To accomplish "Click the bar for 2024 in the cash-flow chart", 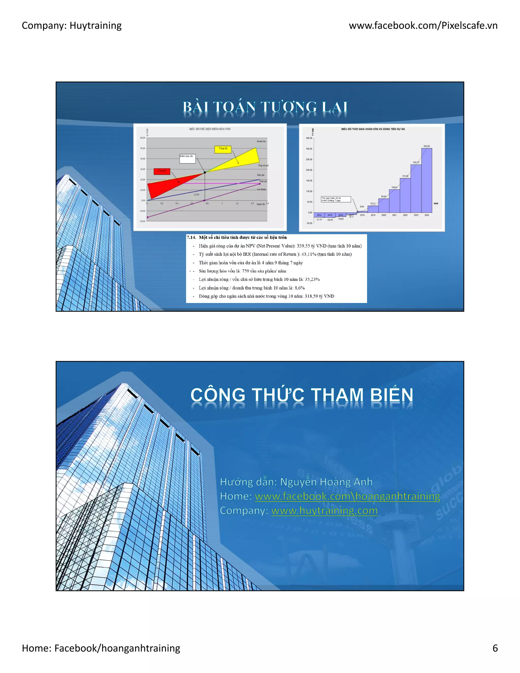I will (x=427, y=180).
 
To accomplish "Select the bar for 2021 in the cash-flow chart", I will (x=394, y=201).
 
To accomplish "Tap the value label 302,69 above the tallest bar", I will (x=427, y=146).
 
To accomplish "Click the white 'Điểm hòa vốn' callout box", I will (x=187, y=158).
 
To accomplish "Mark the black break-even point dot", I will (x=205, y=172).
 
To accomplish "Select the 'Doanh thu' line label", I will (x=261, y=141).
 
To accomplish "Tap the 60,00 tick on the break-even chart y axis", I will (x=143, y=138).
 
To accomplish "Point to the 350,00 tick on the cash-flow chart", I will (x=309, y=138).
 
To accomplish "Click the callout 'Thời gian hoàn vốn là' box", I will (x=335, y=199).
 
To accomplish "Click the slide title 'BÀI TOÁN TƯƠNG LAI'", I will (x=265, y=107).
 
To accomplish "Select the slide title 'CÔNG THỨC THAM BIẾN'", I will (x=302, y=395).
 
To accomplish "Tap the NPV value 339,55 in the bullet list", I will (x=303, y=246).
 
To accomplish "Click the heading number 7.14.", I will (x=191, y=237).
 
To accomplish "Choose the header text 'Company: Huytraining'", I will (x=72, y=25).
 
